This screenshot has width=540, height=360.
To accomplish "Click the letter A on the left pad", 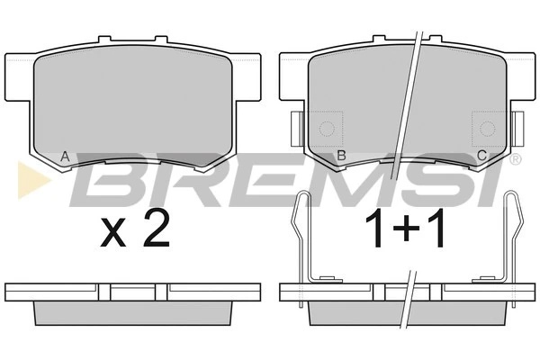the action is click(x=65, y=157).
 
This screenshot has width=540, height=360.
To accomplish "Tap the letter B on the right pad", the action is click(x=341, y=156).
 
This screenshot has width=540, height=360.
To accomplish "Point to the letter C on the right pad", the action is click(x=481, y=156).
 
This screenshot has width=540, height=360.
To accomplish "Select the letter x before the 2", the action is click(x=113, y=234).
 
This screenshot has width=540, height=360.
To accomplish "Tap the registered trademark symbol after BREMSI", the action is click(x=516, y=159).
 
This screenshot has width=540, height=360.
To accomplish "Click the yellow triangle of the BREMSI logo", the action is click(x=34, y=180).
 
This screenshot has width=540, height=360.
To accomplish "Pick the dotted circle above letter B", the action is click(x=327, y=130).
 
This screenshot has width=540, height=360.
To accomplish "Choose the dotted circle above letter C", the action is click(x=488, y=130).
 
